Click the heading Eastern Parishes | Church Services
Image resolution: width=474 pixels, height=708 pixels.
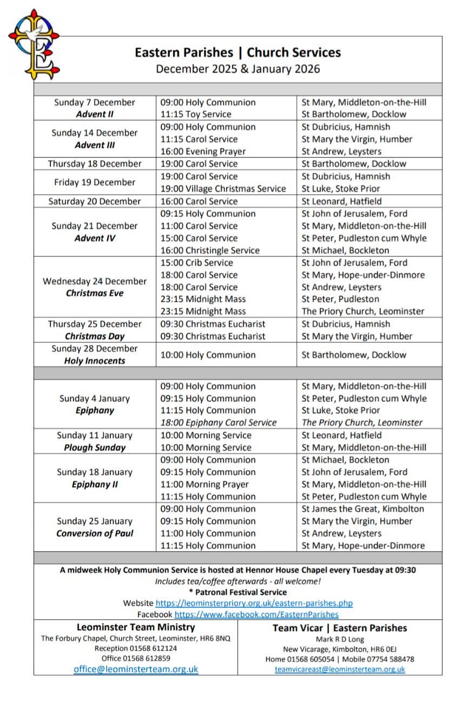(238, 52)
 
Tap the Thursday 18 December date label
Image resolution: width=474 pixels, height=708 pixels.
(95, 164)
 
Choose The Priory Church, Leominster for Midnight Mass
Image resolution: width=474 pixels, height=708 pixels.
(363, 312)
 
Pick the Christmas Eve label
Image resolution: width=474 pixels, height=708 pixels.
(95, 293)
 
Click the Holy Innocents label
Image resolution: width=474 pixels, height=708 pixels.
(95, 361)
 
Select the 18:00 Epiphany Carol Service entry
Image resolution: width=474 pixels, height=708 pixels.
(219, 422)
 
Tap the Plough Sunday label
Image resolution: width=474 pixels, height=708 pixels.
(95, 447)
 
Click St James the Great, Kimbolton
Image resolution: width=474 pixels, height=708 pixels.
(363, 509)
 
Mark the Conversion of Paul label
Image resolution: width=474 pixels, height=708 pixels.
(95, 533)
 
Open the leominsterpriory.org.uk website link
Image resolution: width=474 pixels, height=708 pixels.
(254, 603)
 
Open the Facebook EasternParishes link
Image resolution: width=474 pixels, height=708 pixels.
(256, 614)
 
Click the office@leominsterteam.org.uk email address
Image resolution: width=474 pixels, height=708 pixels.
(136, 669)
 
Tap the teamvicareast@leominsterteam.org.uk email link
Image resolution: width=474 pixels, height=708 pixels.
(340, 669)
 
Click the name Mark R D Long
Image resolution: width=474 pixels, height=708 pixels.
(340, 639)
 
